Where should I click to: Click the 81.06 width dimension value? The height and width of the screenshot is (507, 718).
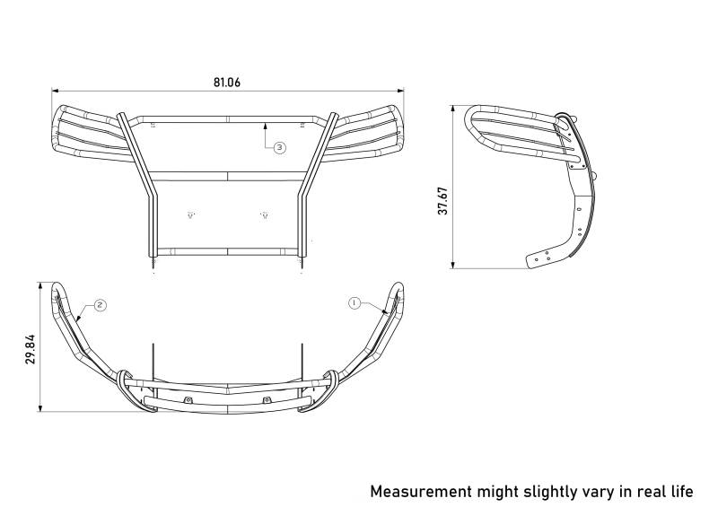(x=227, y=83)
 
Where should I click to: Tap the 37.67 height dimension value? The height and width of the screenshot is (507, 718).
(x=442, y=201)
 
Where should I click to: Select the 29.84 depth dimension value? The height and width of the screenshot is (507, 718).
(x=31, y=349)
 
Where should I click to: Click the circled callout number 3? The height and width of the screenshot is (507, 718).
(x=280, y=147)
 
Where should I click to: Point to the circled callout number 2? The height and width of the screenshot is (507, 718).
(x=101, y=305)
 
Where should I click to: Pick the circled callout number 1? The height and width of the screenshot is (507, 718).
(x=355, y=302)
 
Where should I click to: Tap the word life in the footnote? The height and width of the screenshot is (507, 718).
(x=682, y=492)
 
